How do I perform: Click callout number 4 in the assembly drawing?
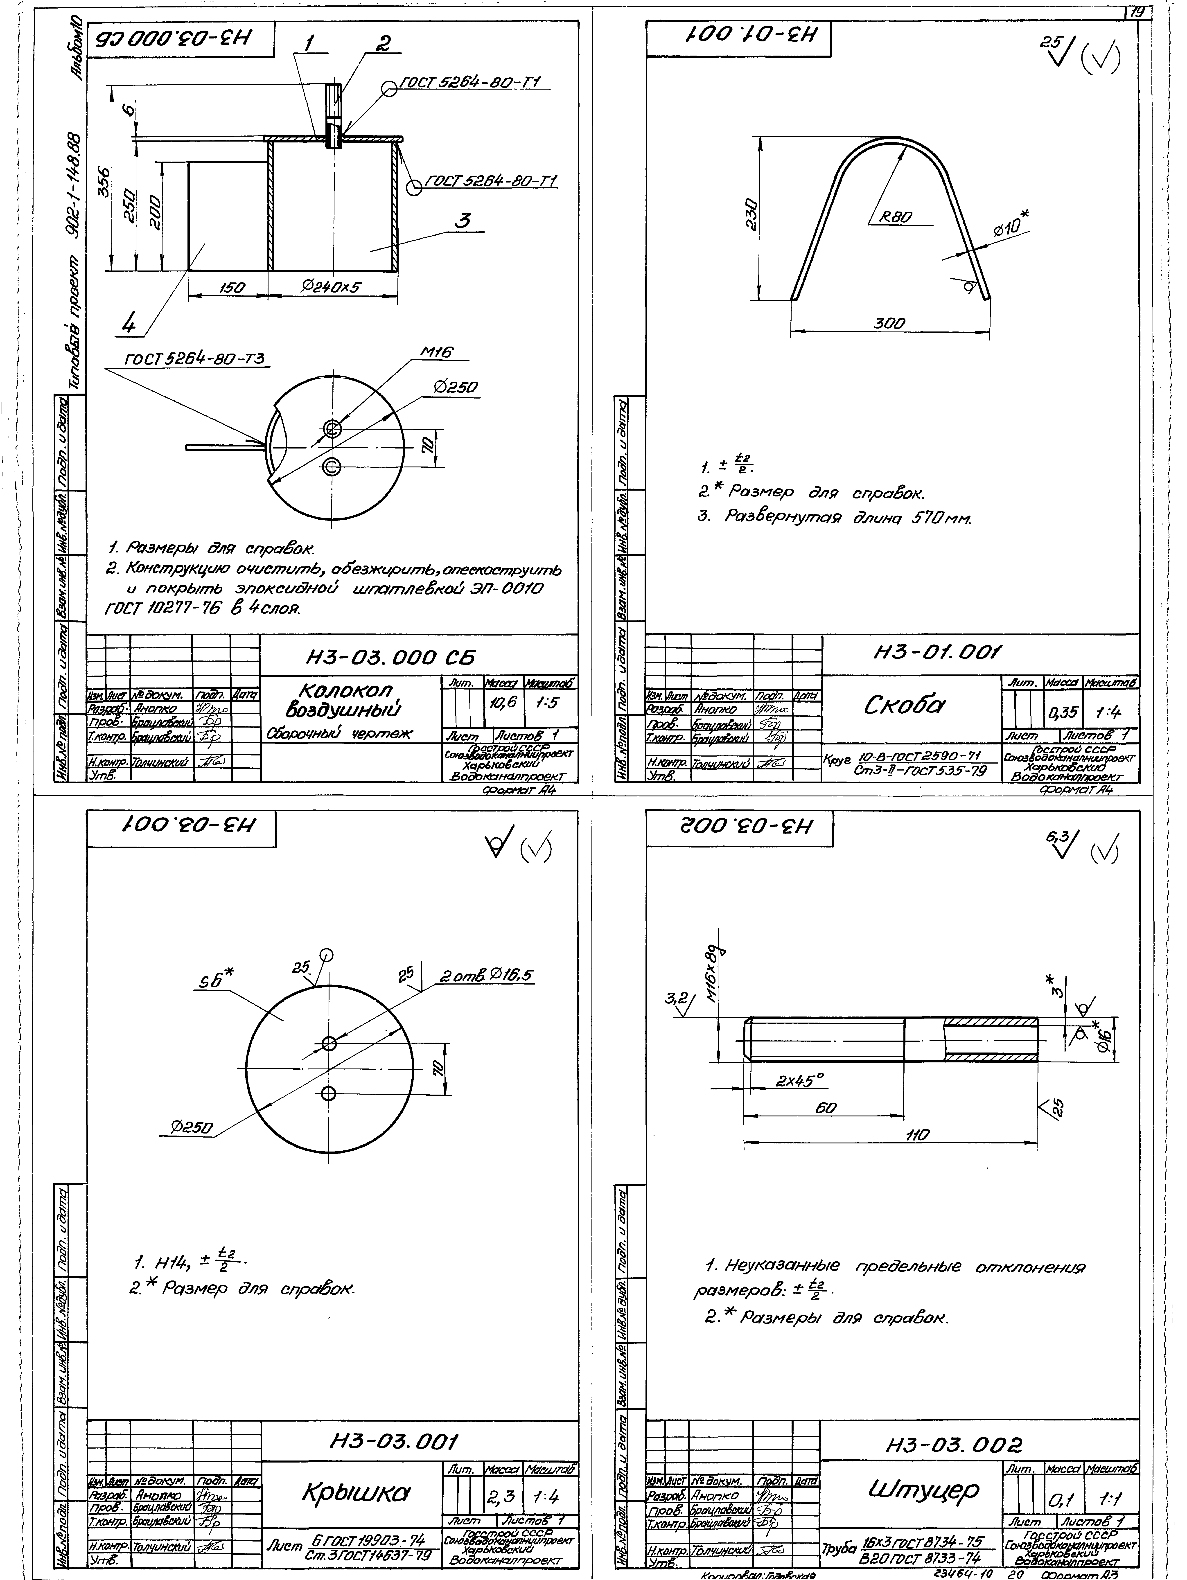click(129, 325)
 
